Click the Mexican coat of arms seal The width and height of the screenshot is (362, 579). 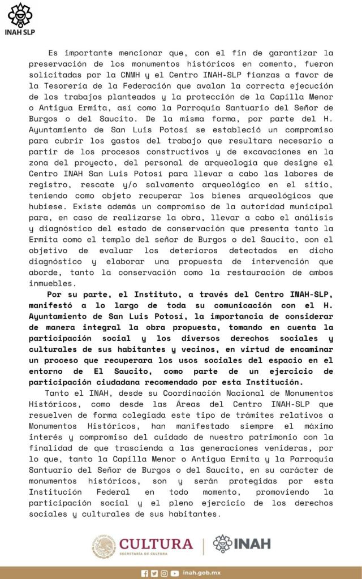pyautogui.click(x=104, y=546)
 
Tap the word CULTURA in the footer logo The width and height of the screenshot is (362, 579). pyautogui.click(x=156, y=543)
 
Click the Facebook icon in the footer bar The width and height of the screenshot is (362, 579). pyautogui.click(x=144, y=573)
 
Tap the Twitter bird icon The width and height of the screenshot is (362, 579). pyautogui.click(x=154, y=573)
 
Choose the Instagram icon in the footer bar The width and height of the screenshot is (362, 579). pyautogui.click(x=164, y=573)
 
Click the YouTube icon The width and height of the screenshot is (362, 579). pyautogui.click(x=175, y=573)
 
